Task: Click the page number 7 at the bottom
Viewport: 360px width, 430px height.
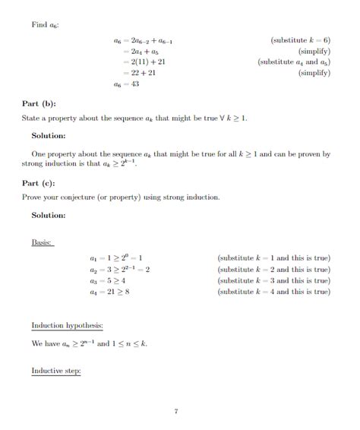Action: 175,411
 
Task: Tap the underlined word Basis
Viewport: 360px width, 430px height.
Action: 42,242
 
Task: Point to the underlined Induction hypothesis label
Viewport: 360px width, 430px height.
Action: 68,326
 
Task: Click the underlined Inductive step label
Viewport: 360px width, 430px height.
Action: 55,371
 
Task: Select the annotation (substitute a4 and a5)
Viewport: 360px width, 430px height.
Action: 294,62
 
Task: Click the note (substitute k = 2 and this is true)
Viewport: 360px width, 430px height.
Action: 273,269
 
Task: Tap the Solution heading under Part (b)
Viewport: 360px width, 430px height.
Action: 49,136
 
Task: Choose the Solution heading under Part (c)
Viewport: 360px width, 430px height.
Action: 49,215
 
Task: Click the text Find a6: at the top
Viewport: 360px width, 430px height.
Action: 45,25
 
